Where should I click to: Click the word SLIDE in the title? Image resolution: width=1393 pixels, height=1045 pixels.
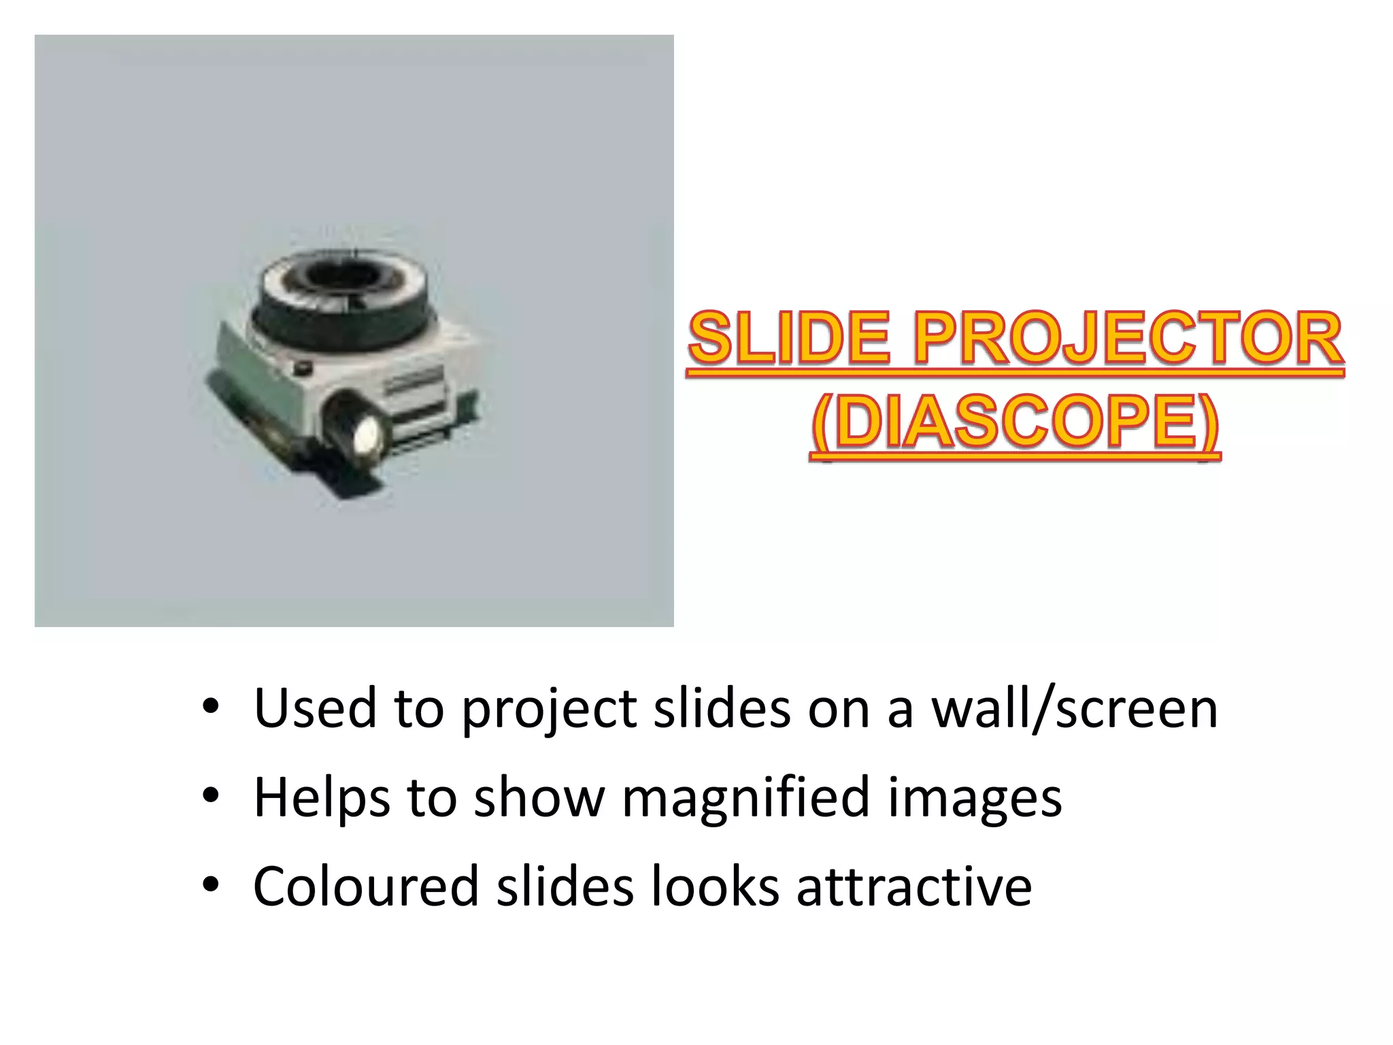[789, 339]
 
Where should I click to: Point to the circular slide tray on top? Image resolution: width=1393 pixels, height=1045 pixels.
[346, 293]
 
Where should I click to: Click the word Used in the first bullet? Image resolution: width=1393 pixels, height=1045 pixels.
[315, 708]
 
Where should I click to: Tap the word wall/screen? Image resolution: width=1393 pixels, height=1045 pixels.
[1074, 708]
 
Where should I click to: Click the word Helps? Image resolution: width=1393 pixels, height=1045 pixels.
[322, 798]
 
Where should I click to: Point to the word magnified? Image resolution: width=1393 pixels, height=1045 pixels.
[745, 798]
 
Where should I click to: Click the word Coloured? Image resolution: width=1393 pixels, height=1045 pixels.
[366, 886]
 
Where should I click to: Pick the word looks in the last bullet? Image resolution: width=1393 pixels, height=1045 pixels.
[715, 886]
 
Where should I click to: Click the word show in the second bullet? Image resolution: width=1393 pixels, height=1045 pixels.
[539, 797]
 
